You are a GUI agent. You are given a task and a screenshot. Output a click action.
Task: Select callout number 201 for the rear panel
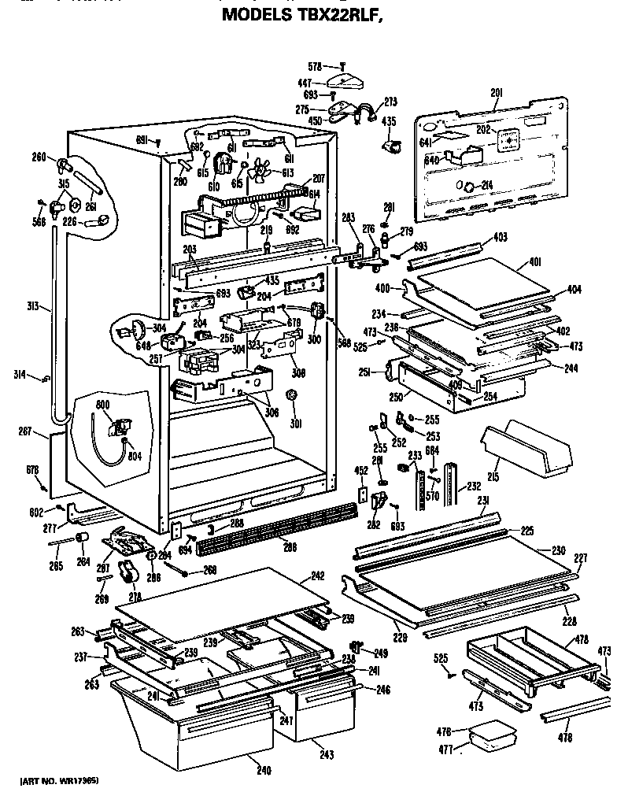(x=496, y=94)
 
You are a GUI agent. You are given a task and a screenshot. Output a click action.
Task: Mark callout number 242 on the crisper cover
(x=316, y=577)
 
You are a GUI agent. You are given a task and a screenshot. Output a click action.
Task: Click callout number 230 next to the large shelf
(x=558, y=550)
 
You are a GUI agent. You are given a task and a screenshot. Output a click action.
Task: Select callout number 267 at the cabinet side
(x=24, y=431)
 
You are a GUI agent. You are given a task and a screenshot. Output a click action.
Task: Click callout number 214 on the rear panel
(x=486, y=186)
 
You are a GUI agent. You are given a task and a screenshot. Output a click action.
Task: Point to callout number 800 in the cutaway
(x=102, y=404)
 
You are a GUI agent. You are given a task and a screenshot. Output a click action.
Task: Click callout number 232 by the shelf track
(x=475, y=486)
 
